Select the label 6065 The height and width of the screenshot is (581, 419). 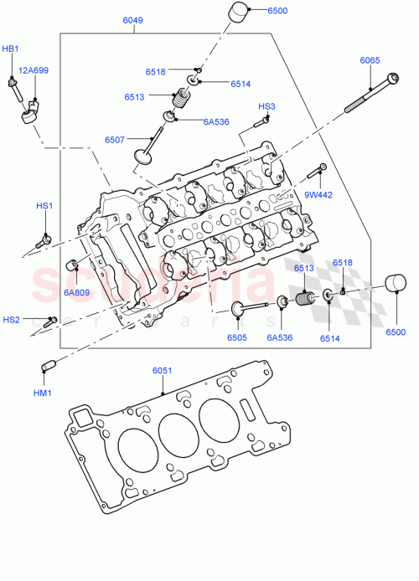pos(371,60)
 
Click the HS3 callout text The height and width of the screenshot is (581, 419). pos(266,106)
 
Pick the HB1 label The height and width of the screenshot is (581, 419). pos(10,49)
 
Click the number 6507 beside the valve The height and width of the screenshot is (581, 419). pos(116,139)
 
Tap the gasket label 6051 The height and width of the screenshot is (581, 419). pos(162,371)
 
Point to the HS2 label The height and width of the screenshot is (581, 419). pos(11,319)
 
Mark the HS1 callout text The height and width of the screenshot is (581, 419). pos(44,206)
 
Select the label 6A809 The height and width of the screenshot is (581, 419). pos(76,292)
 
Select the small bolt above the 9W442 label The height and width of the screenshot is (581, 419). pos(315,172)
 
